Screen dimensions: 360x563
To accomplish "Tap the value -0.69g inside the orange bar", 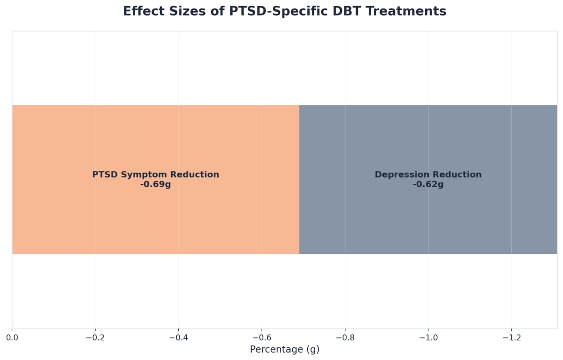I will (x=155, y=184).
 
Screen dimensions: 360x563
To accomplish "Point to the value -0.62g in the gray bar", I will (x=428, y=184).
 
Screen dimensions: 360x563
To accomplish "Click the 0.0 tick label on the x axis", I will (x=12, y=337).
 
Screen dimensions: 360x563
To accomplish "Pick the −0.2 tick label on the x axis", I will (x=95, y=337).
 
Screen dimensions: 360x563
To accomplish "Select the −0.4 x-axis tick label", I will (x=178, y=337).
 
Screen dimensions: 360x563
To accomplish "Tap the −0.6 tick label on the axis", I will (x=261, y=337).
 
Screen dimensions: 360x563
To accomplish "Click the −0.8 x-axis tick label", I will (x=345, y=337).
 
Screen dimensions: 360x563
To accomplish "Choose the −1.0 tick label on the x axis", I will (x=428, y=337).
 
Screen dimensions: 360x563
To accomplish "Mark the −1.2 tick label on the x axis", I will (x=511, y=337).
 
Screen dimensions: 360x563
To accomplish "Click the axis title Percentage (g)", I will (x=284, y=350).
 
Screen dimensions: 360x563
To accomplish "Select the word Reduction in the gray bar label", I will (x=457, y=175).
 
